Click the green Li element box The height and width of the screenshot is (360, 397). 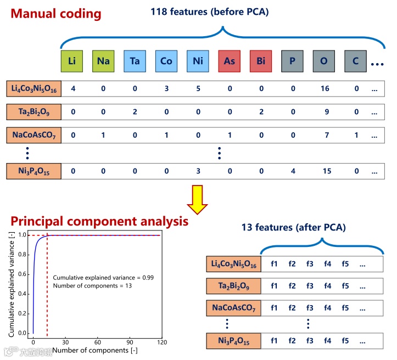click(71, 60)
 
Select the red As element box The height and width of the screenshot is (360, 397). click(230, 60)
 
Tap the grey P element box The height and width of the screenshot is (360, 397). click(293, 60)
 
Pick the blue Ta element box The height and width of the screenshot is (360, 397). click(135, 60)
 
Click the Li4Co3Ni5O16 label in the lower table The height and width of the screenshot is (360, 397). click(234, 265)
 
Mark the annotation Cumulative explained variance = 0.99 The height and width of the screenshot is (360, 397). click(103, 278)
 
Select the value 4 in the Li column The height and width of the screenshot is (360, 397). click(72, 88)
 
